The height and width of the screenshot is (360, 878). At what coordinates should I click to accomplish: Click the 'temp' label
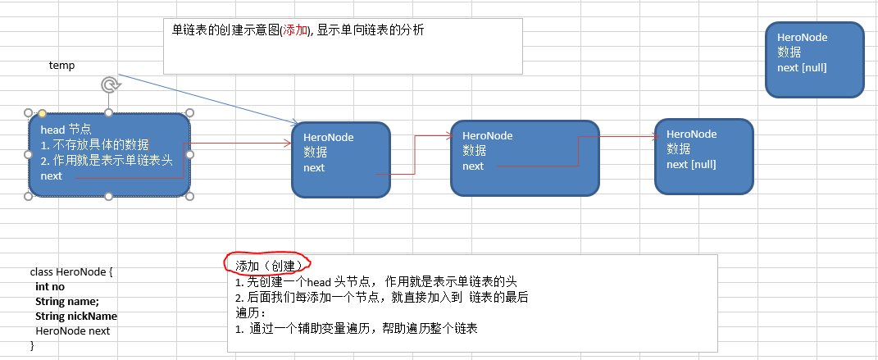pos(61,66)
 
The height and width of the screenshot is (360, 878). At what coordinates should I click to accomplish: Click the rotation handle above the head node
pos(109,84)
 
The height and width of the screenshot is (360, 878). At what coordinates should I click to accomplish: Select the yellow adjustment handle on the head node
pos(42,113)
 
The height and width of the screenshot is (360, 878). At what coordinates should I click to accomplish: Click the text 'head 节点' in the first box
pos(66,130)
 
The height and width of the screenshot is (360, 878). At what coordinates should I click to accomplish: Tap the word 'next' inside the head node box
pos(51,175)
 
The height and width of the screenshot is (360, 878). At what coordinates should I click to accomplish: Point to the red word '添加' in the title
pos(294,30)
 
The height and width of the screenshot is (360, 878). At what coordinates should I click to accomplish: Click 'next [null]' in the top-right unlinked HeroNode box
pos(802,66)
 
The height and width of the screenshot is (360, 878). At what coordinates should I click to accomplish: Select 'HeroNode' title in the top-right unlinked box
pos(802,37)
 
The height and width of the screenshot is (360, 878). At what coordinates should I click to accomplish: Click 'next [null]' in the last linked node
pos(691,163)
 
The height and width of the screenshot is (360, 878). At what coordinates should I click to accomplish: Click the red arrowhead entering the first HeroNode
pos(287,144)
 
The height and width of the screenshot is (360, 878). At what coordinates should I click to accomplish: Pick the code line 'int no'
pos(50,287)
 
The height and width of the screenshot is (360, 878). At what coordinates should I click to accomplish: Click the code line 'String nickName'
pos(75,316)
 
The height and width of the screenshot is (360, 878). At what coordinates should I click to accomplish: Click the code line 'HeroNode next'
pos(72,330)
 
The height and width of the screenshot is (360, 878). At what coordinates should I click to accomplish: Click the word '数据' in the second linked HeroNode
pos(474,150)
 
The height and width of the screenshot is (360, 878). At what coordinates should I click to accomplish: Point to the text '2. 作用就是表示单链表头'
pos(106,160)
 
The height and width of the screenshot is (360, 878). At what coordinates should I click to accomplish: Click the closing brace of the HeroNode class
pos(33,345)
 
